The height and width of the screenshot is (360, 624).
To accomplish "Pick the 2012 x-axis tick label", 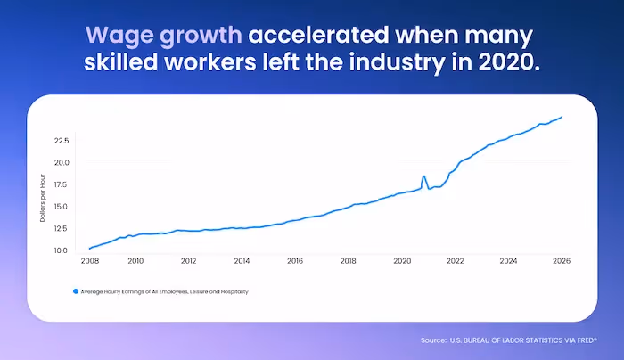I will (x=188, y=261).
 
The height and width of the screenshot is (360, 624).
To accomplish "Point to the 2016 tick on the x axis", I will (x=295, y=261).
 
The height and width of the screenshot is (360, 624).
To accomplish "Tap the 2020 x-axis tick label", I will (x=402, y=261).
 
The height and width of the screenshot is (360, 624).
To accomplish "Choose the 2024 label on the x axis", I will (x=508, y=261).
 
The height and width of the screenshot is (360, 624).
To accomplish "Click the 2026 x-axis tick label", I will (x=562, y=261).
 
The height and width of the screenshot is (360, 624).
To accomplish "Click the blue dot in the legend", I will (x=76, y=291).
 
